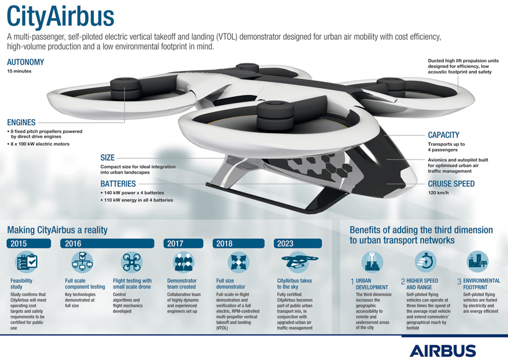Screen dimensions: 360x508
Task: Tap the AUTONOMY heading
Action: pos(25,63)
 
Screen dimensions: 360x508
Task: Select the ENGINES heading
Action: pos(22,122)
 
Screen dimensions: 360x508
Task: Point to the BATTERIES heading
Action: pos(118,184)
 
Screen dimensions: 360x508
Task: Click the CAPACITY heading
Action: pos(443,135)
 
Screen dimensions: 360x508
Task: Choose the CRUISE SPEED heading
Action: pos(451,184)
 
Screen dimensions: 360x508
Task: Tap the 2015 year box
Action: pos(18,243)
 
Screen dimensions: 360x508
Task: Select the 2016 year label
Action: pos(73,243)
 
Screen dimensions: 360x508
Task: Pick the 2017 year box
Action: pos(176,243)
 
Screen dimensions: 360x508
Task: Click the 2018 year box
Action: pos(225,243)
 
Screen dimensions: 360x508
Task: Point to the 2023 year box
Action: pos(286,243)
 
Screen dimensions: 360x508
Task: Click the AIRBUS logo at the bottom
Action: pos(442,349)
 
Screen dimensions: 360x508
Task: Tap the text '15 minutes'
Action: pos(19,71)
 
